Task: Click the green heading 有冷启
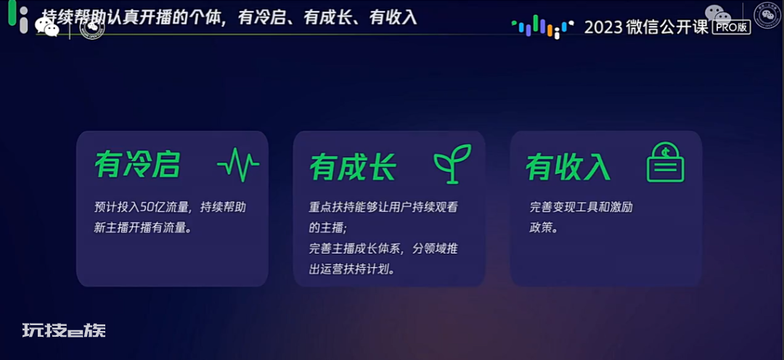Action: [137, 164]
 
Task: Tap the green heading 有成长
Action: [353, 166]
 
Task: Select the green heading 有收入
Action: [568, 166]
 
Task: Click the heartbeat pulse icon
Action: [238, 164]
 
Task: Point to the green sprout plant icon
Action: [452, 163]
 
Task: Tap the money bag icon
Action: [666, 163]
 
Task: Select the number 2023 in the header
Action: [603, 27]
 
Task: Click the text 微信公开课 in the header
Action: [667, 27]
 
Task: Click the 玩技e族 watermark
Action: [64, 330]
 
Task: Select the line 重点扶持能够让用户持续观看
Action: [383, 207]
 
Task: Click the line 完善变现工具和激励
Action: [581, 207]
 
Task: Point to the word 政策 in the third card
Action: [540, 228]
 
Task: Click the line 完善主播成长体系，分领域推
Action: [383, 249]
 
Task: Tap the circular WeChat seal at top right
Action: [767, 16]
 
